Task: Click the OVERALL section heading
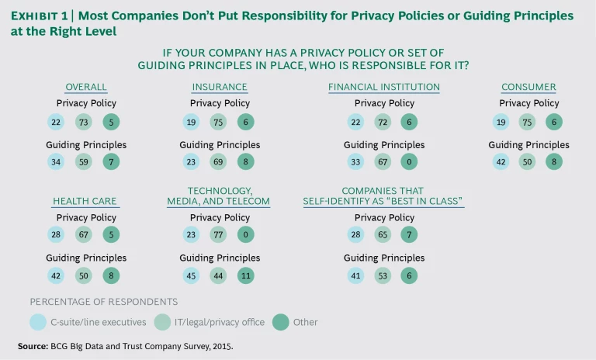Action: click(85, 87)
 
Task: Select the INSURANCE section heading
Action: click(220, 87)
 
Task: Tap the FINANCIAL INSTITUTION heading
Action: click(384, 87)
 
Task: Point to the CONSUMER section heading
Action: click(528, 87)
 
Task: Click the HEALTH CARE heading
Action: click(85, 201)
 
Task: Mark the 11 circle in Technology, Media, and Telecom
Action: click(244, 276)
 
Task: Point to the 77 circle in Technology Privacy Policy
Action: click(220, 235)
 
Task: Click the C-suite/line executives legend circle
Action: click(38, 322)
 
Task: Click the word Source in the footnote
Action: click(33, 344)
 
